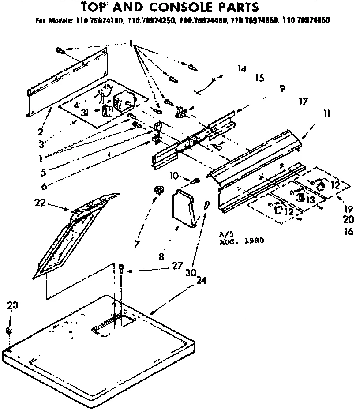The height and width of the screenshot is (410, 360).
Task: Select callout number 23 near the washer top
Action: (13, 304)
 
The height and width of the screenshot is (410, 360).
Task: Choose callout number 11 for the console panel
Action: (326, 113)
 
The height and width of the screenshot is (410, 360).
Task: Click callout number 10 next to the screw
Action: (174, 176)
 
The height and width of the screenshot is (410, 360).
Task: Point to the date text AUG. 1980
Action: (242, 241)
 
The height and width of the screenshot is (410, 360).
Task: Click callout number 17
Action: (303, 102)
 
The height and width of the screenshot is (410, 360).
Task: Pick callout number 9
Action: (281, 88)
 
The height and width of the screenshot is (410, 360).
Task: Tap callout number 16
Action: (349, 231)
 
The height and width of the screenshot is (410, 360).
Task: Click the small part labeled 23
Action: (9, 331)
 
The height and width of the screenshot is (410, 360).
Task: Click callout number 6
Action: (44, 186)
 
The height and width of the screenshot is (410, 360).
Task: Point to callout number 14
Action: (241, 68)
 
